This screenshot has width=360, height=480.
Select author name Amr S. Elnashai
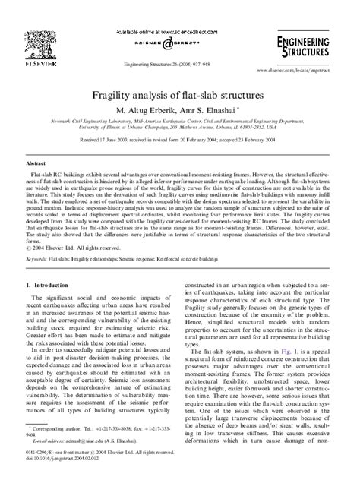(x=215, y=112)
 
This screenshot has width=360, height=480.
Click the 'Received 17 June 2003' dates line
(x=180, y=140)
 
